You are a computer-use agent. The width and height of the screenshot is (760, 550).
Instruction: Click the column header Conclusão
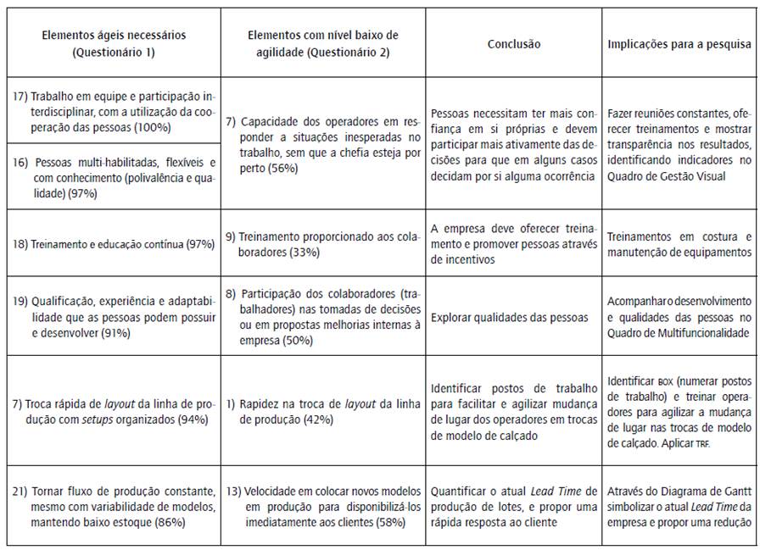514,44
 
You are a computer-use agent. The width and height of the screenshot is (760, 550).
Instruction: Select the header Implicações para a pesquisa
680,44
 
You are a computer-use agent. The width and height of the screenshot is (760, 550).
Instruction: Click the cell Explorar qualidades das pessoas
509,318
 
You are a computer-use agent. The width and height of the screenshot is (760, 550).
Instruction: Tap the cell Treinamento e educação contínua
111,244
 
